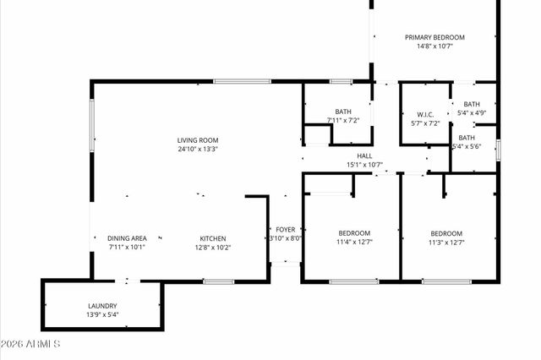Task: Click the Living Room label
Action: point(198,140)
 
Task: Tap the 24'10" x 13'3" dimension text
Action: point(198,150)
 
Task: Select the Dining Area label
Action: point(127,238)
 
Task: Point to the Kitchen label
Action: point(212,238)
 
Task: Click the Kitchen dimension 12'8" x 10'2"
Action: point(212,248)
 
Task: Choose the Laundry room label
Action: point(102,306)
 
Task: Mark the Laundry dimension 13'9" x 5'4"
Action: point(102,315)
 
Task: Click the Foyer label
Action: point(285,229)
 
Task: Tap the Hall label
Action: point(364,155)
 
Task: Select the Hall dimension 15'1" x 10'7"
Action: point(364,165)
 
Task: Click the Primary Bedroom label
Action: point(434,37)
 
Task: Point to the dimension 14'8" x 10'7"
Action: point(434,46)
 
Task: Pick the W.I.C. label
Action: point(425,114)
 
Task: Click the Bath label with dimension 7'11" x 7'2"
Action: point(343,112)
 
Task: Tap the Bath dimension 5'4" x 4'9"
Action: point(471,113)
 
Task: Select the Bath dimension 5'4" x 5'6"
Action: point(467,147)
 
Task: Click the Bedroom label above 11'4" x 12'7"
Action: point(354,233)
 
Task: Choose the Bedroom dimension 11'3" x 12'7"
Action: point(446,243)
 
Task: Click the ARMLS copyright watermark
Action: point(30,344)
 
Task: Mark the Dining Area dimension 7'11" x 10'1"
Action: point(127,248)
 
